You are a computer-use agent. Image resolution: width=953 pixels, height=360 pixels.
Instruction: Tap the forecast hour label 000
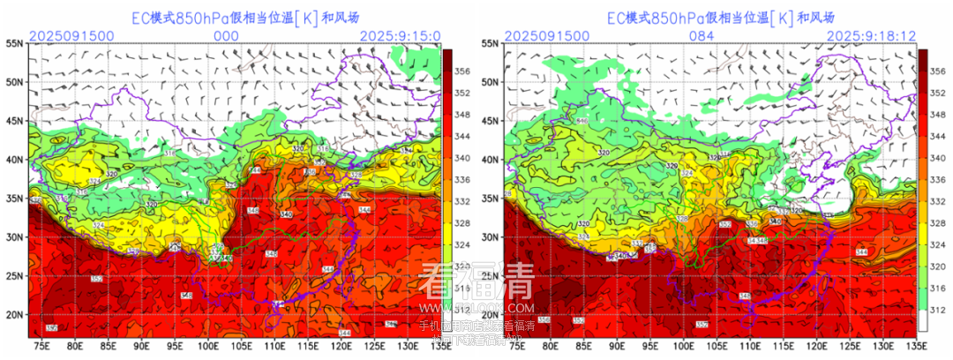point(227,35)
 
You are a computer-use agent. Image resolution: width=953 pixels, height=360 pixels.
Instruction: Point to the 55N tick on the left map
point(14,43)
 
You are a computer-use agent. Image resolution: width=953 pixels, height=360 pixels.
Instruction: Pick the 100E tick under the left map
point(209,346)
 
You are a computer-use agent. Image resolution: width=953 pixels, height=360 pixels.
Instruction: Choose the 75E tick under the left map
point(40,346)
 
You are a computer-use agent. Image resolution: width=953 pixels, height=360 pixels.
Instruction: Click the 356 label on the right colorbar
point(939,71)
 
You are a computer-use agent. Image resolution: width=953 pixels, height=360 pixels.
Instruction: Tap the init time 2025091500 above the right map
point(546,35)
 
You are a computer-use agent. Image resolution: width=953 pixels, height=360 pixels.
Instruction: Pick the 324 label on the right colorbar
point(939,244)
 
